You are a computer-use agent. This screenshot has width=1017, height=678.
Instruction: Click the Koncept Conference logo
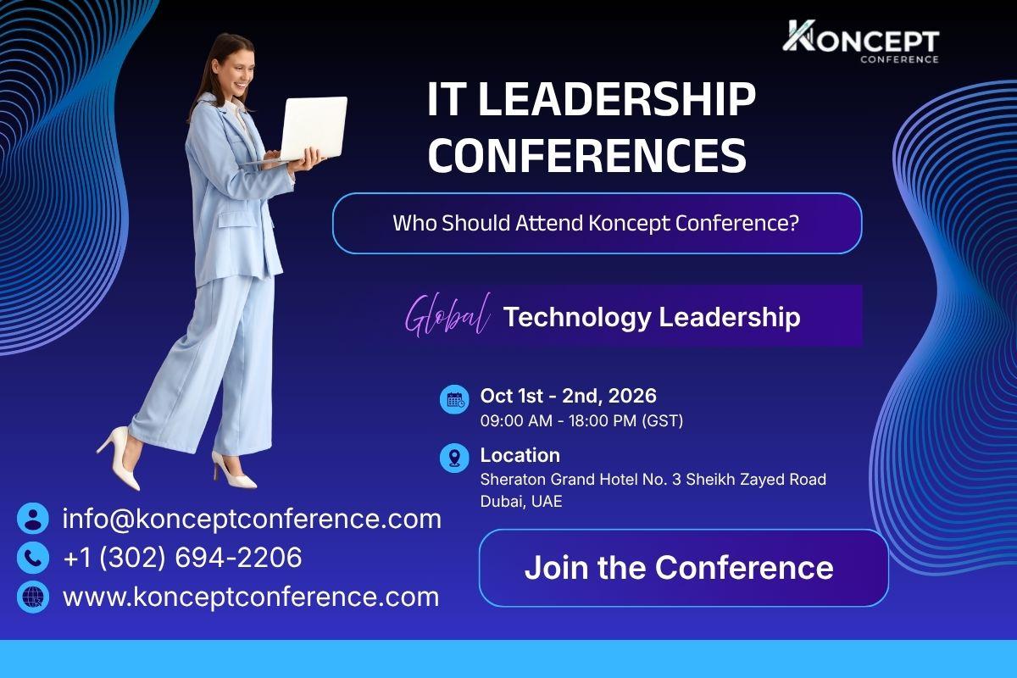tap(861, 42)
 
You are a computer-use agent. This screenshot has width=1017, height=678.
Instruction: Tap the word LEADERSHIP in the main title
tap(617, 99)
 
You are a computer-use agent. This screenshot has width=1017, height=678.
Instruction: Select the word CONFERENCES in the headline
tap(587, 155)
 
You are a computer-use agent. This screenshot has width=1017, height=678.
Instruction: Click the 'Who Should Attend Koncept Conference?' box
tap(597, 223)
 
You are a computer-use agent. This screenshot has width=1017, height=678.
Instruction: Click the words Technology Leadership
tap(652, 316)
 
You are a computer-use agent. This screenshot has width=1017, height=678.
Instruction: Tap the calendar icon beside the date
tap(454, 400)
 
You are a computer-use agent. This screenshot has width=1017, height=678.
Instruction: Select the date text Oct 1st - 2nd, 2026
tap(568, 396)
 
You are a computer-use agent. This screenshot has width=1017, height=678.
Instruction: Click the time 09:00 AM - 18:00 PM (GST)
tap(581, 421)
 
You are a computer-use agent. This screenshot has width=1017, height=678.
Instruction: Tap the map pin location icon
tap(454, 458)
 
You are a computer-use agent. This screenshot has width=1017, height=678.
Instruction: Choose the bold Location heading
tap(520, 455)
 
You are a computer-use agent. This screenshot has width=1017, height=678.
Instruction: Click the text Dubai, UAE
tap(521, 502)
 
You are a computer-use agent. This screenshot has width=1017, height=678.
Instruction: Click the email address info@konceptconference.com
tap(252, 519)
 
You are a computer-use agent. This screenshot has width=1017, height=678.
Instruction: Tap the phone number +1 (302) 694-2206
tap(182, 557)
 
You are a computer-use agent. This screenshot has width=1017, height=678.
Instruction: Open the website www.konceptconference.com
tap(251, 597)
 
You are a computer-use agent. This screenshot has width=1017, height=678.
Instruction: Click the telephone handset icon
tap(33, 557)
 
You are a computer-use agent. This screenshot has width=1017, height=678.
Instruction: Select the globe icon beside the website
tap(33, 597)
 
